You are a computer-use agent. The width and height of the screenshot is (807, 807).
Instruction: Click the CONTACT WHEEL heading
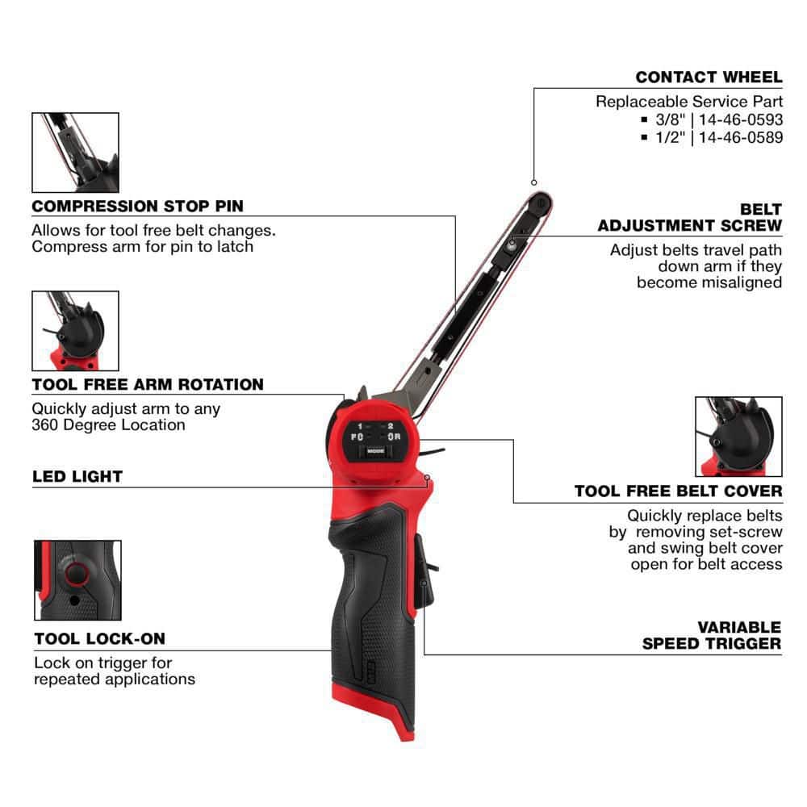click(709, 77)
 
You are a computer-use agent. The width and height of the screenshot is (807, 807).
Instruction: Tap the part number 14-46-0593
click(742, 119)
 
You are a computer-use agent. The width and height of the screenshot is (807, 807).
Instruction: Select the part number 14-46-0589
click(742, 137)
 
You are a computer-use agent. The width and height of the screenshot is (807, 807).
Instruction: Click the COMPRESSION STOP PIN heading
click(137, 207)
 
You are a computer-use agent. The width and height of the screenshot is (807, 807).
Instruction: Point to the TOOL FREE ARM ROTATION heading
click(148, 384)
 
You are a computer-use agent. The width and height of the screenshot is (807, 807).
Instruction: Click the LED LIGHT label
click(77, 476)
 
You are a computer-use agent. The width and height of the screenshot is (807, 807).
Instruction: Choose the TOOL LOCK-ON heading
click(99, 638)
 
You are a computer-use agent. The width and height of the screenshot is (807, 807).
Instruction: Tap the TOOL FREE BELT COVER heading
click(678, 491)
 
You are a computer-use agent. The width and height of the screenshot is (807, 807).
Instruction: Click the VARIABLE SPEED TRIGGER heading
click(712, 635)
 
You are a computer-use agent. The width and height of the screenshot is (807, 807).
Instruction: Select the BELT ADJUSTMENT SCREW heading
click(690, 218)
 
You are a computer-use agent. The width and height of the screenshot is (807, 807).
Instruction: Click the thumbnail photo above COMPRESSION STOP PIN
click(75, 153)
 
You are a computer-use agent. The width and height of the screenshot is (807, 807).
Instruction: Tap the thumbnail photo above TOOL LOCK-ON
click(77, 580)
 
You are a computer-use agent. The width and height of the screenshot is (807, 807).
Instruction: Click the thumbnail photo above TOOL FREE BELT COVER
click(738, 437)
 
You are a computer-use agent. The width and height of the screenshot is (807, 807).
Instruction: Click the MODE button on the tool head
click(375, 452)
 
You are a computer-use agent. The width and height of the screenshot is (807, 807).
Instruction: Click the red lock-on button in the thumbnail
click(77, 574)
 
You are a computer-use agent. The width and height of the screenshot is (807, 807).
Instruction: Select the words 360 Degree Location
click(109, 424)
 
